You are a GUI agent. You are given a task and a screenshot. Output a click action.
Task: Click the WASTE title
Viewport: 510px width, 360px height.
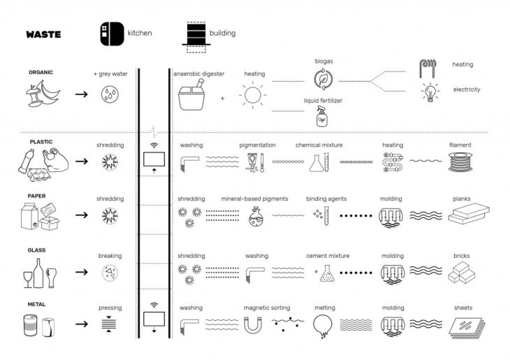coord(43,34)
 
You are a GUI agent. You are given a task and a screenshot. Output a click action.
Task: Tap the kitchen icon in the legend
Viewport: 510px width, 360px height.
coord(110,33)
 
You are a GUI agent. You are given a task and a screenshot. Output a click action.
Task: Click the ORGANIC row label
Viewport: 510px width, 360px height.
coord(41,72)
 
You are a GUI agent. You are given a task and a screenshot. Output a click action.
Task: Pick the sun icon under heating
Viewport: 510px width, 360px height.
coord(254,94)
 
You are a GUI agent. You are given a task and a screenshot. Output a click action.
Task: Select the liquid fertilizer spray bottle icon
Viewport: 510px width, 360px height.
coord(323,117)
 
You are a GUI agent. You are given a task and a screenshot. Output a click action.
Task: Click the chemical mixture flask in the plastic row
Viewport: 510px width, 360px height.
coord(319,164)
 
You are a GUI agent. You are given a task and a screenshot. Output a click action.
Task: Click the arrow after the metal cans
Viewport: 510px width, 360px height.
coord(81,324)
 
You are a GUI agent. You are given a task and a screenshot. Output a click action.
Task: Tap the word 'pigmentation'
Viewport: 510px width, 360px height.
coord(257,145)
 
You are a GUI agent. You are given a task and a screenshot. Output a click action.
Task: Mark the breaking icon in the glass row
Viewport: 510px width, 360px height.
coord(110,273)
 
